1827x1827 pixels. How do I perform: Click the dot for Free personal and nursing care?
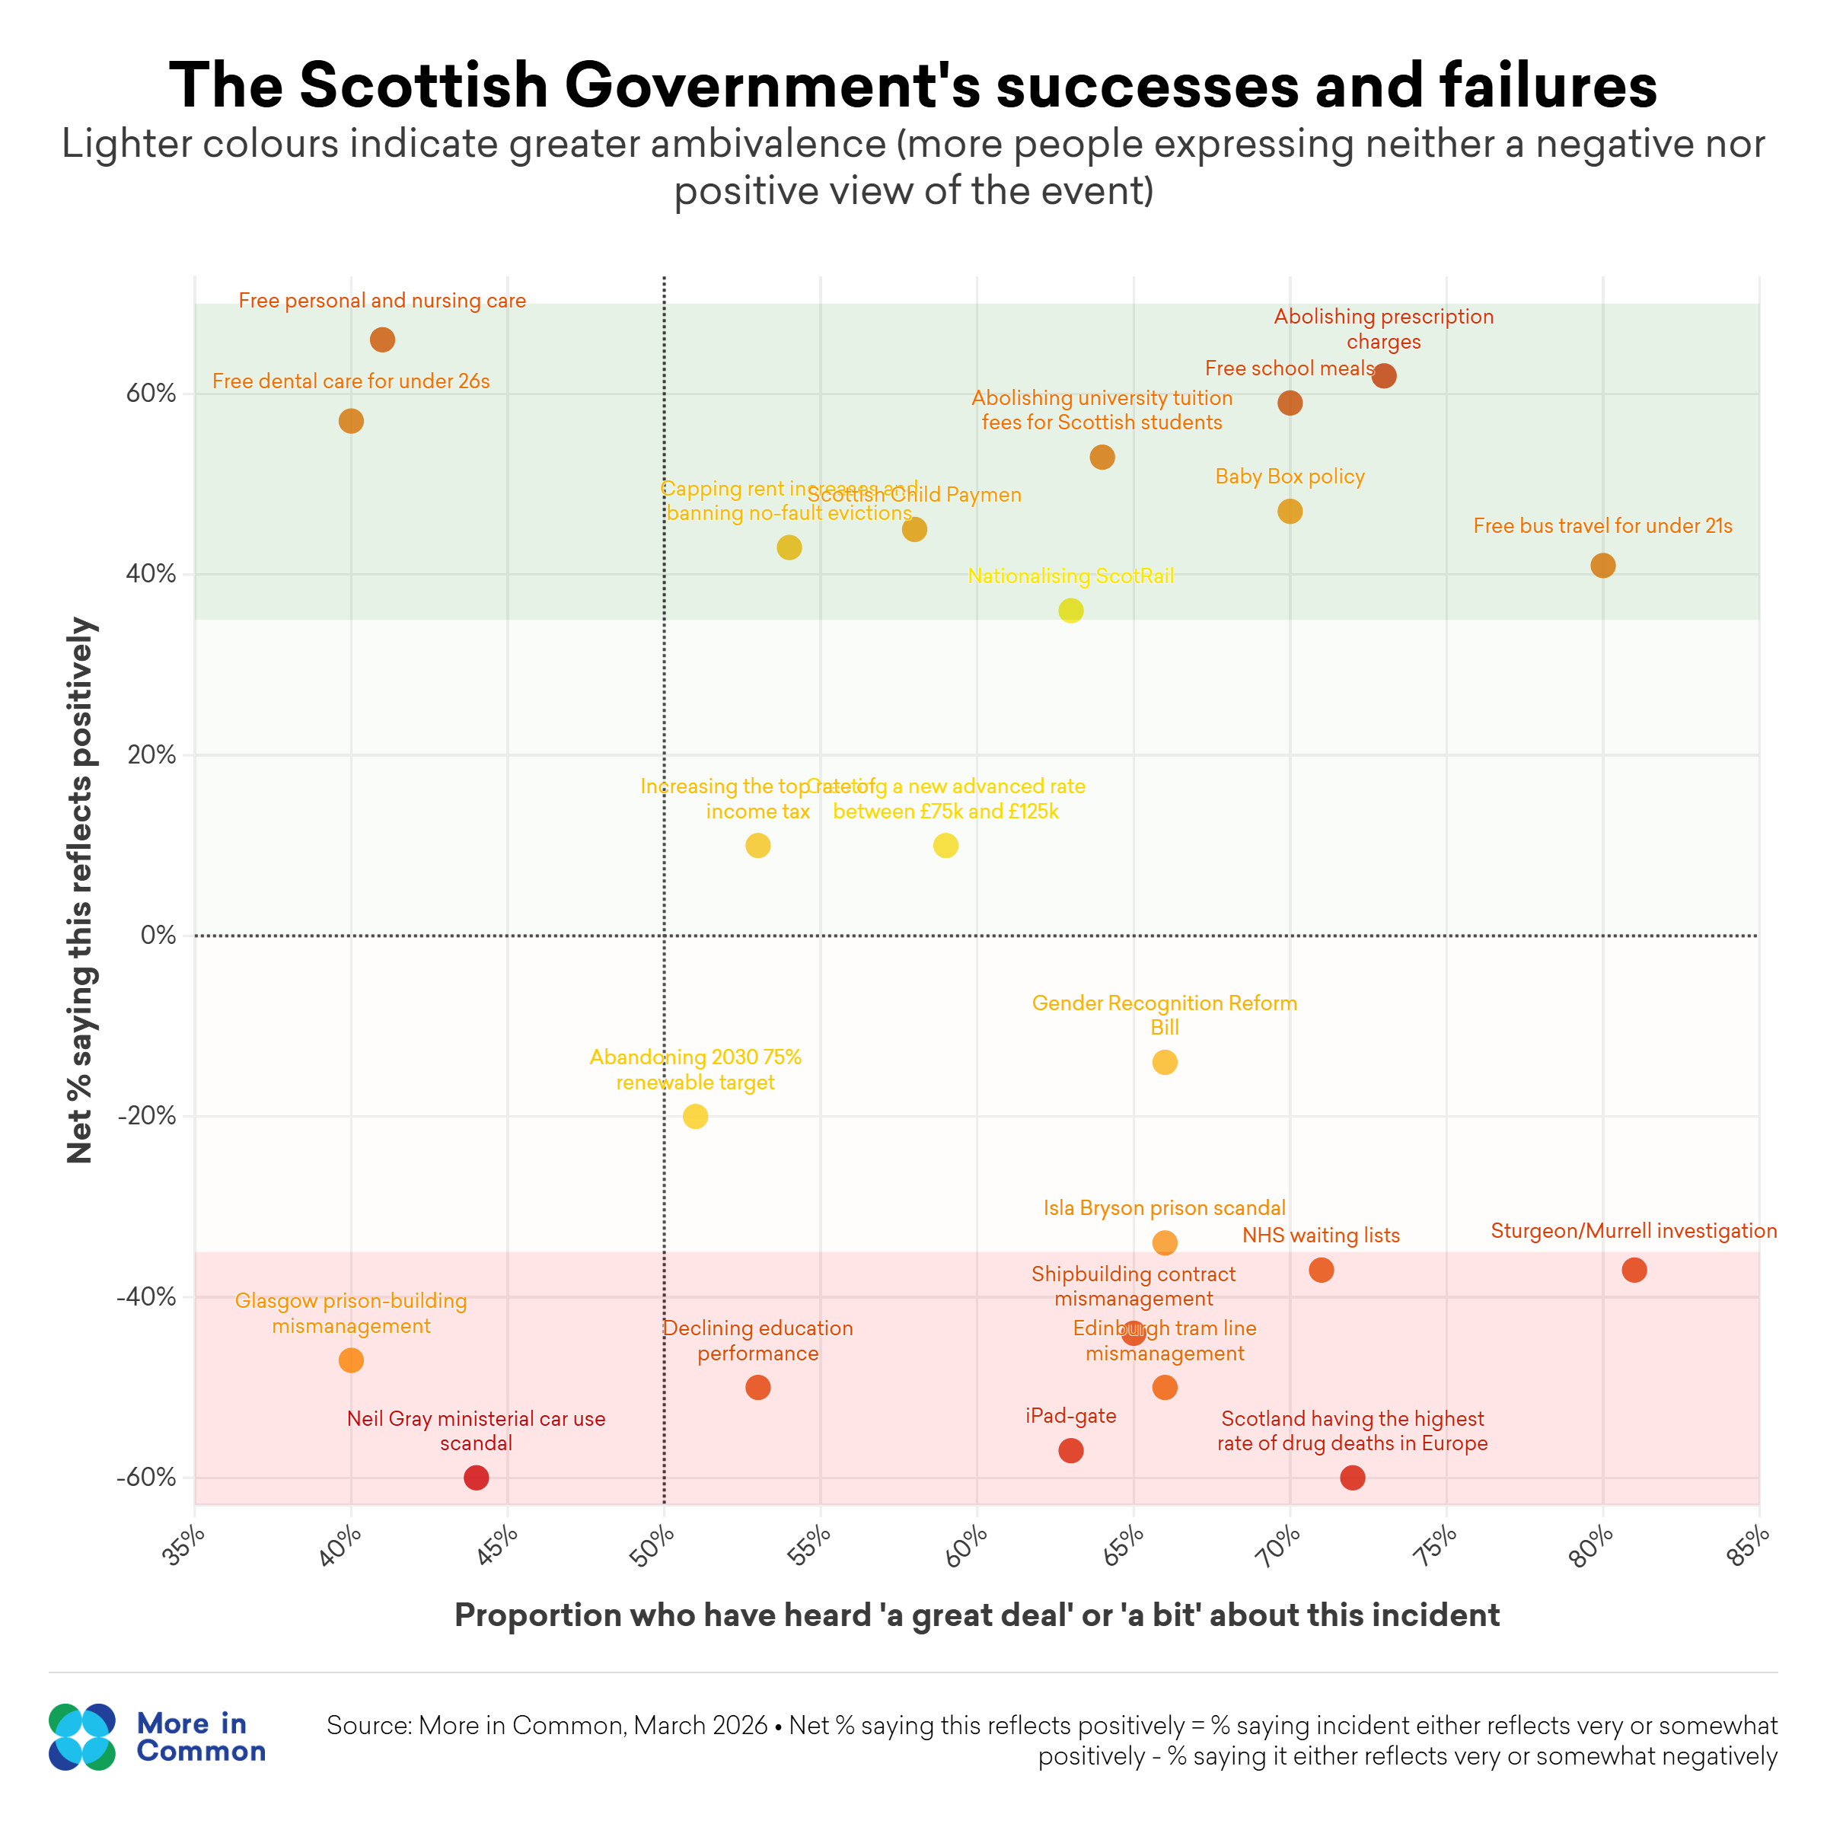click(382, 340)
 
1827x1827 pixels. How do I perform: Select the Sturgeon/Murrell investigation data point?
click(1634, 1270)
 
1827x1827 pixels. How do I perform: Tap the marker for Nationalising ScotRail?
click(1070, 611)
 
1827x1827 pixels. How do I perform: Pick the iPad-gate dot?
click(1070, 1451)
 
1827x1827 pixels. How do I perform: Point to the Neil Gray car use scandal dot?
click(477, 1477)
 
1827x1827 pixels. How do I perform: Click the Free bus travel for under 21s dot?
click(1603, 566)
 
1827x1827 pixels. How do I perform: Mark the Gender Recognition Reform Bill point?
click(1165, 1062)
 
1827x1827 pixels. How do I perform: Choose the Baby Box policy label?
click(1290, 477)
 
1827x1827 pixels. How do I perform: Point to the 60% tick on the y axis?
click(151, 394)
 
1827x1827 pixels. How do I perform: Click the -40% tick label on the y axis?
click(147, 1296)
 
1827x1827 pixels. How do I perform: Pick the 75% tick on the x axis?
click(1437, 1547)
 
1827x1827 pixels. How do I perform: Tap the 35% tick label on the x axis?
click(185, 1547)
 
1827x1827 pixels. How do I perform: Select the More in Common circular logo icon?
click(81, 1737)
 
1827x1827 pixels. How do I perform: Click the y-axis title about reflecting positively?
click(81, 890)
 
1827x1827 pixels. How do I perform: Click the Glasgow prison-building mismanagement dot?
click(351, 1360)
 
